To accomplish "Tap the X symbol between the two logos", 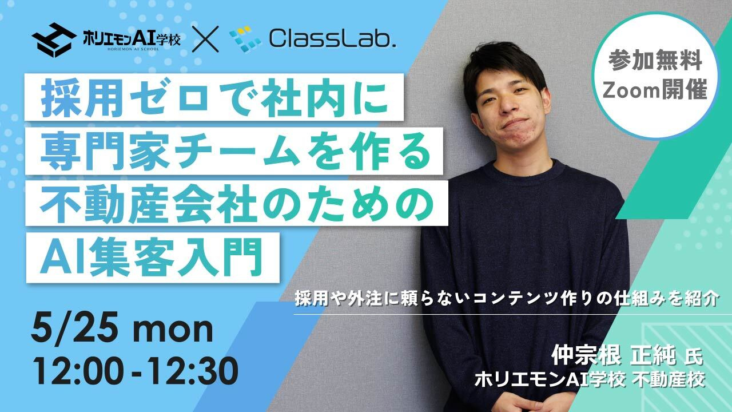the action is click(205, 39).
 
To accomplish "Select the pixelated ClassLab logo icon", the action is click(245, 40).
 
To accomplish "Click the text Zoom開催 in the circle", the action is click(655, 89).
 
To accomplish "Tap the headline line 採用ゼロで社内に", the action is click(214, 97).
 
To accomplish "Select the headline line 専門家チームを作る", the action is click(234, 152).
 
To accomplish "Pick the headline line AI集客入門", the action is click(152, 257).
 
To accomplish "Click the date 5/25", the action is click(74, 327).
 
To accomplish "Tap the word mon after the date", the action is click(173, 330).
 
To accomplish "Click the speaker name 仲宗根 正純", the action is click(614, 355).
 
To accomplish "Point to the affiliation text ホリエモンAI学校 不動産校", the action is click(590, 380).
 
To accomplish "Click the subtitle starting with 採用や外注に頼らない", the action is click(507, 298).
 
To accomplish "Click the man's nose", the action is click(508, 104).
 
